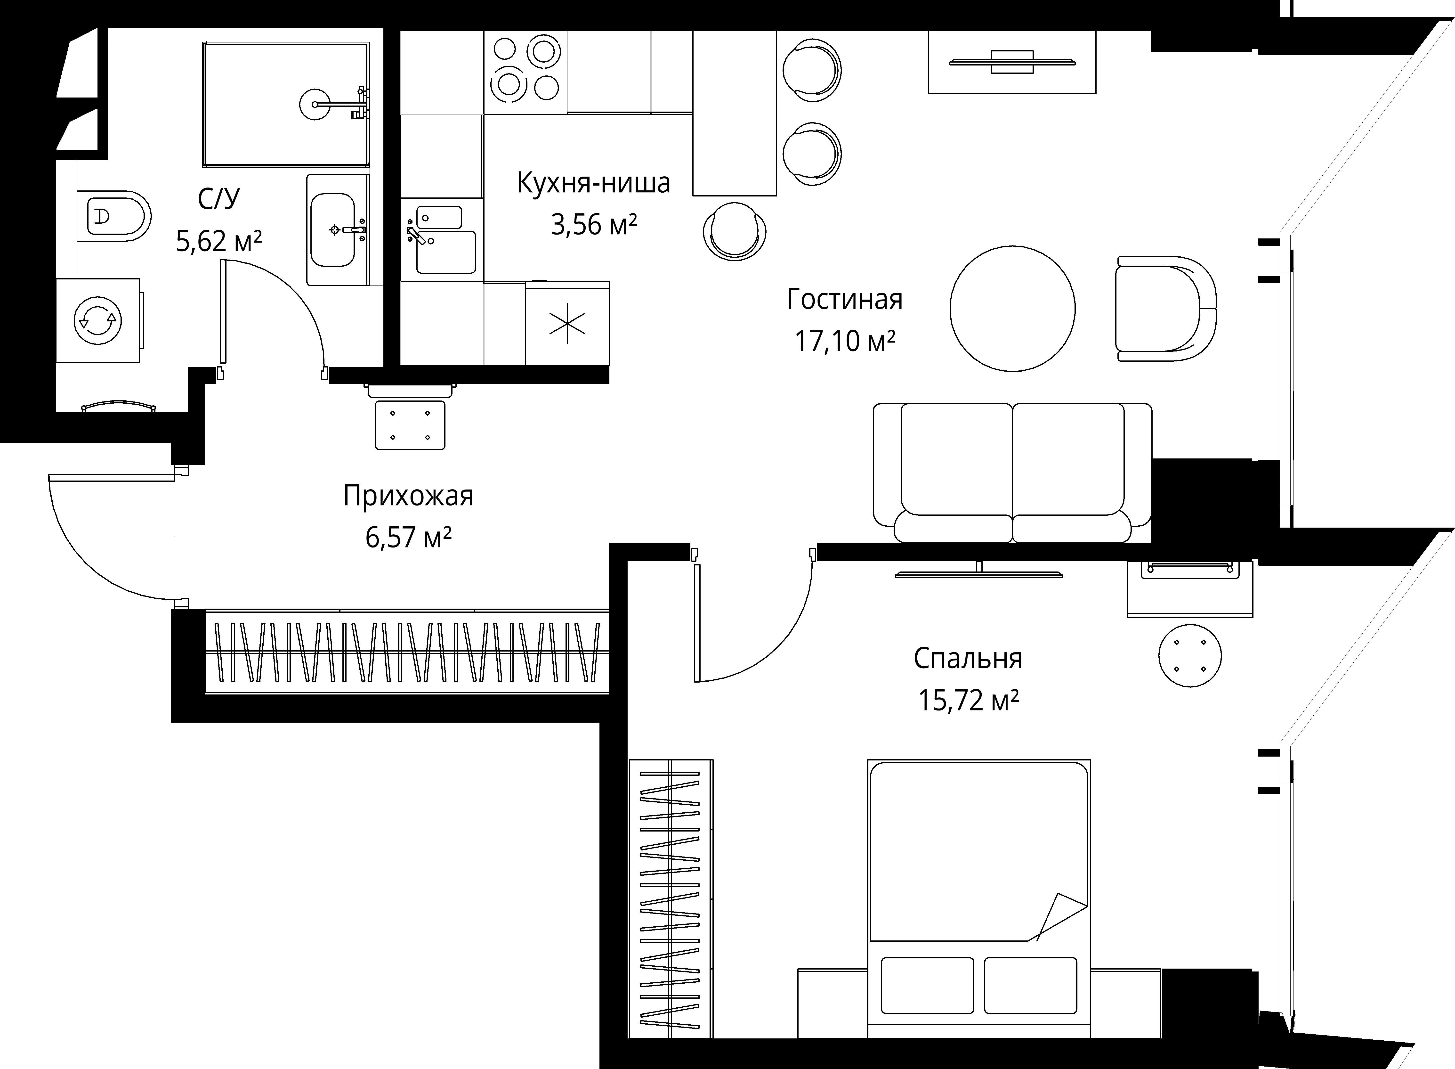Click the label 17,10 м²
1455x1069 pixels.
point(845,341)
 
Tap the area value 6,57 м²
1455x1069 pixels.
point(408,537)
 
